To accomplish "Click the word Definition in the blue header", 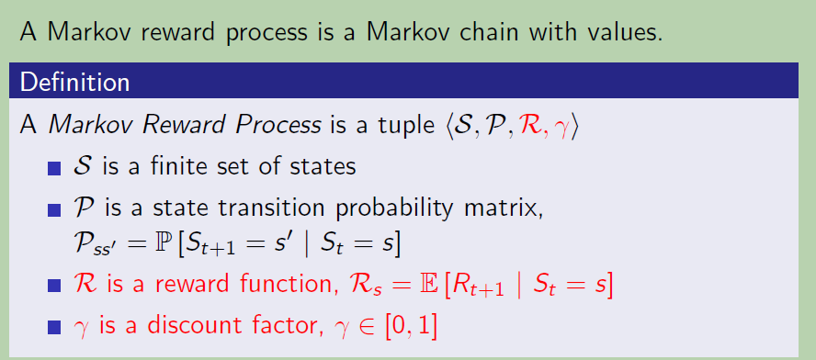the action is click(74, 83).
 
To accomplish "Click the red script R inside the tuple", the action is click(533, 126).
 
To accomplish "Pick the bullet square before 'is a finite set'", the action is click(54, 169).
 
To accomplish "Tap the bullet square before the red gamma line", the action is click(54, 327).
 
